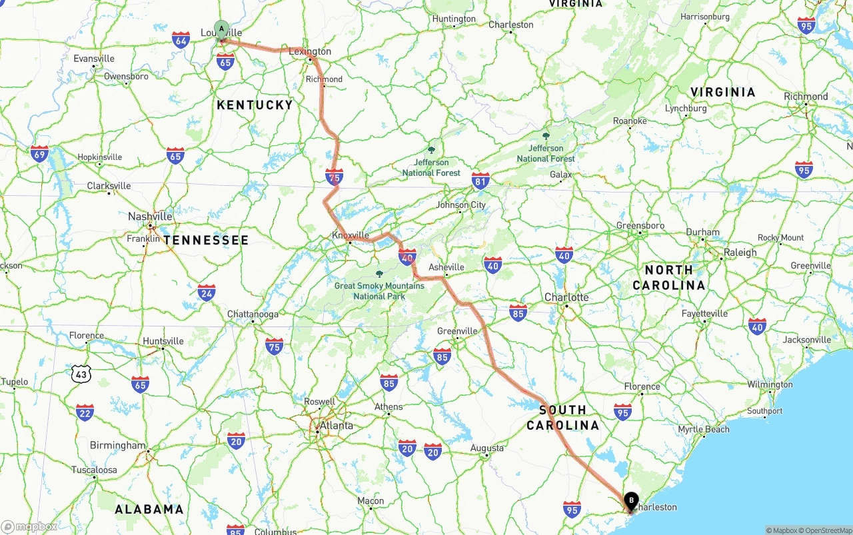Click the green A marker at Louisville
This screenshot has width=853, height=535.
[x=221, y=29]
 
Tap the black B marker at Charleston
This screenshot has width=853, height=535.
[x=631, y=500]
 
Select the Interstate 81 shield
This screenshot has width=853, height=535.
[x=480, y=180]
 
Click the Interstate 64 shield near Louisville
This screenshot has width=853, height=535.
[x=181, y=39]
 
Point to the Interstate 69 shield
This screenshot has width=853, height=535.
[x=39, y=154]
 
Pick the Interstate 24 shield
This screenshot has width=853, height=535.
[x=207, y=292]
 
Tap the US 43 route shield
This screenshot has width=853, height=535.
[x=81, y=374]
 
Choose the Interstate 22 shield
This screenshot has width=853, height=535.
[x=85, y=412]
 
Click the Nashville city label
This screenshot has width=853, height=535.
[x=150, y=217]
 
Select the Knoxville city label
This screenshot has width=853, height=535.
[x=351, y=235]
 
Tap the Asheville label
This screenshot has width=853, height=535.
[x=446, y=267]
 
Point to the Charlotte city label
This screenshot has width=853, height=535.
[x=566, y=297]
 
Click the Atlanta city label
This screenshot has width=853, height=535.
[x=336, y=426]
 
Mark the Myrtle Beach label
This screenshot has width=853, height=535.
[x=704, y=430]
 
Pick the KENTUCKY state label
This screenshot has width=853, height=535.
[x=255, y=105]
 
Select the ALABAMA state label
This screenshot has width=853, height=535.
[x=149, y=510]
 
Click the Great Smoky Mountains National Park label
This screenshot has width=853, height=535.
[x=379, y=291]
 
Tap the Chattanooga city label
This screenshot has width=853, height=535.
[x=253, y=314]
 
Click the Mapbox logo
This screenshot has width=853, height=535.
[x=30, y=526]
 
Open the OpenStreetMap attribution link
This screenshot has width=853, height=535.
[x=828, y=530]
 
